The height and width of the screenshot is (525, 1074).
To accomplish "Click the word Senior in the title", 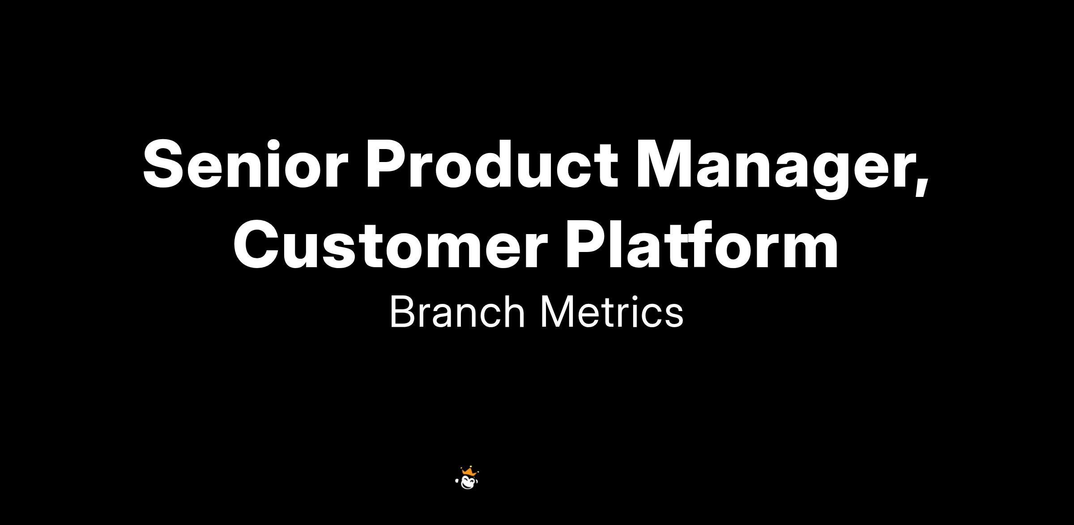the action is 245,163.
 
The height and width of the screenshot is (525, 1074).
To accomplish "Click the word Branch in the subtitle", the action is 457,312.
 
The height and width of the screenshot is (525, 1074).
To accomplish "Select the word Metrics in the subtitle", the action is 612,312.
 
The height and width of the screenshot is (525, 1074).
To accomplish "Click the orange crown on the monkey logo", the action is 468,471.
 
